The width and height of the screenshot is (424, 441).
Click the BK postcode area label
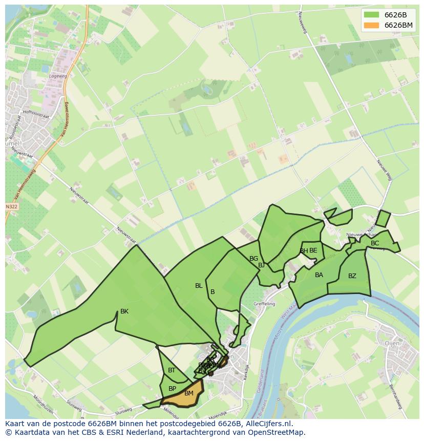tap(124, 311)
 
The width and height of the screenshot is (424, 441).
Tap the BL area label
tap(199, 286)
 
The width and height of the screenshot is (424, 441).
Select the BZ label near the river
tap(352, 276)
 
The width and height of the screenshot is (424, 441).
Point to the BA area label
tap(319, 275)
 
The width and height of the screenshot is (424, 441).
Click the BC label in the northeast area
tap(375, 243)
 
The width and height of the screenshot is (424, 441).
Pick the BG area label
tap(253, 259)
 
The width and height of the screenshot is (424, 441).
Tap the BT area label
tap(172, 370)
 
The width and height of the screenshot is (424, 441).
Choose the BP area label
tap(172, 389)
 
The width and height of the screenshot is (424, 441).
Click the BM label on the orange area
tap(189, 393)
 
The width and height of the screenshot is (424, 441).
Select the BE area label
tap(313, 250)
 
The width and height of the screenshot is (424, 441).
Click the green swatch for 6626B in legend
tap(372, 14)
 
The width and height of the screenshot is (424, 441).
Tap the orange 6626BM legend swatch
tap(372, 25)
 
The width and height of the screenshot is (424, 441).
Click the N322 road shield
tap(11, 206)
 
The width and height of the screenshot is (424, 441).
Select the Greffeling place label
tap(264, 304)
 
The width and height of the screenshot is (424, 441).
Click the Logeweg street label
tap(58, 76)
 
